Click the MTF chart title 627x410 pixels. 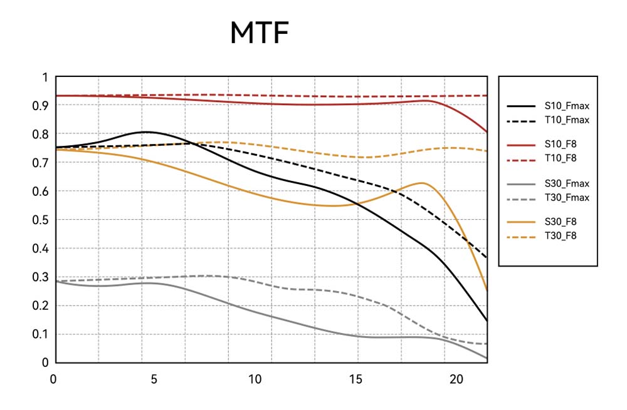(x=259, y=33)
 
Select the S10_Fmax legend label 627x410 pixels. (x=567, y=106)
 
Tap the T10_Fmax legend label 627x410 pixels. (x=567, y=120)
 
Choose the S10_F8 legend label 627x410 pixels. (x=561, y=145)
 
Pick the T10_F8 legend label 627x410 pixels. (x=561, y=158)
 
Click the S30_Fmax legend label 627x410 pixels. (x=567, y=183)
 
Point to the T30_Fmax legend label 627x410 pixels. (x=567, y=197)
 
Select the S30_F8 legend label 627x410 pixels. (x=561, y=222)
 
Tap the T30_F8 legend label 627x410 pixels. (x=561, y=236)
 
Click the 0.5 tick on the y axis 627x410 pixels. (x=40, y=220)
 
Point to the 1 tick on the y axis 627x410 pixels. (x=45, y=77)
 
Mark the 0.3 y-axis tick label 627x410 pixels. (x=40, y=277)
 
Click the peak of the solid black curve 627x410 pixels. (x=145, y=132)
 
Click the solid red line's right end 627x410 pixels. (x=487, y=132)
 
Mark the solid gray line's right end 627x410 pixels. (x=487, y=358)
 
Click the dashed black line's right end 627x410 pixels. (x=487, y=257)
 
